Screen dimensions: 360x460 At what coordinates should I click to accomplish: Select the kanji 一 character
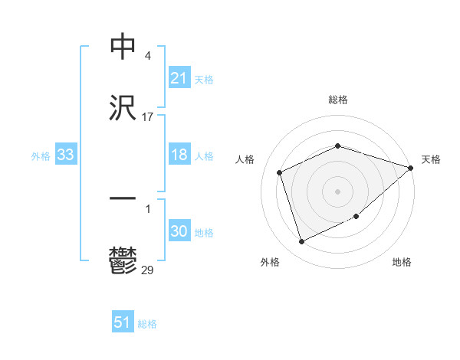[x=123, y=200]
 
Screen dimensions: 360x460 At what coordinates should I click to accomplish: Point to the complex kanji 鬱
[x=123, y=260]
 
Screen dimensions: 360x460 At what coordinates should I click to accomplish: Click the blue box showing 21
[x=179, y=78]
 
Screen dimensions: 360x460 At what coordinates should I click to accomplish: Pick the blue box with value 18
[x=179, y=155]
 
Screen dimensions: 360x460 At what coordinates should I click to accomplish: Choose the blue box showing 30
[x=179, y=232]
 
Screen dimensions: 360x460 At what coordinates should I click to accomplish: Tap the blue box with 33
[x=66, y=155]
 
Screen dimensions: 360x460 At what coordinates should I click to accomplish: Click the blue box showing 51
[x=123, y=323]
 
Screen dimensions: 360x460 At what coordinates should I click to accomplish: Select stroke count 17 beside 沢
[x=148, y=117]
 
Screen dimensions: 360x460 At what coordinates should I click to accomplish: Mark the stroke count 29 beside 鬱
[x=148, y=270]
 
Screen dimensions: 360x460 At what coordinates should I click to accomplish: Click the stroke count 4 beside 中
[x=147, y=56]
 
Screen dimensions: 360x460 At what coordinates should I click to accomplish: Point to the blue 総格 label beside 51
[x=147, y=324]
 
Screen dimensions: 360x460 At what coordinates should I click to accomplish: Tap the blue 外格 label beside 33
[x=41, y=156]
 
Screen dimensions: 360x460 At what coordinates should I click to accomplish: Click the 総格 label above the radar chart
[x=338, y=100]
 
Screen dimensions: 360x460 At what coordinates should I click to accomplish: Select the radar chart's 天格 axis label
[x=431, y=159]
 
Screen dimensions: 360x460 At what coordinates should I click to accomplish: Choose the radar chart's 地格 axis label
[x=402, y=263]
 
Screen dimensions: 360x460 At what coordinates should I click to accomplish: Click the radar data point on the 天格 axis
[x=410, y=168]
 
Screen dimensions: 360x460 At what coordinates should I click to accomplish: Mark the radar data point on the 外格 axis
[x=301, y=242]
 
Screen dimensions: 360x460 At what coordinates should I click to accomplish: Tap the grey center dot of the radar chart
[x=338, y=191]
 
